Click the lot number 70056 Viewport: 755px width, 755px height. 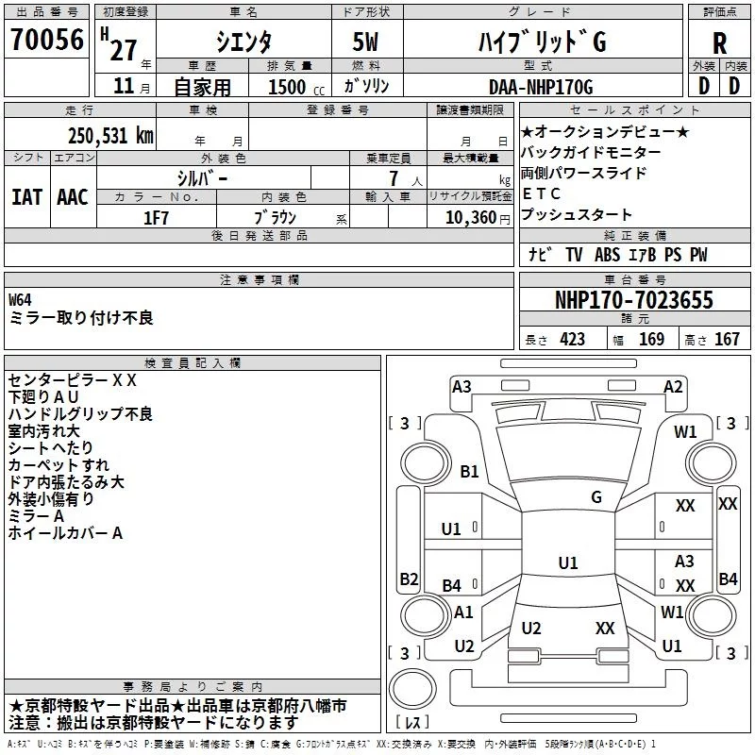pyautogui.click(x=47, y=39)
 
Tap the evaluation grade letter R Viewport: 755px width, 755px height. pyautogui.click(x=719, y=43)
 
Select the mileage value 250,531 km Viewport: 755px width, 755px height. pyautogui.click(x=110, y=136)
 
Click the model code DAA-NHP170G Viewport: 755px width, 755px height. pyautogui.click(x=541, y=87)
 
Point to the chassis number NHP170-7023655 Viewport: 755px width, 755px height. pyautogui.click(x=634, y=300)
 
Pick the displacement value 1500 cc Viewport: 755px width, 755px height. pyautogui.click(x=296, y=87)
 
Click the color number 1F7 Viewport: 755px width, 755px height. pyautogui.click(x=156, y=218)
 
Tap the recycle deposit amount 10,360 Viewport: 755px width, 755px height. pyautogui.click(x=470, y=217)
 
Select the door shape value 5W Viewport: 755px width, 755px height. pyautogui.click(x=365, y=42)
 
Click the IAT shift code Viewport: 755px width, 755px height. pyautogui.click(x=26, y=197)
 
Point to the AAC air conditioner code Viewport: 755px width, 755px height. pyautogui.click(x=73, y=197)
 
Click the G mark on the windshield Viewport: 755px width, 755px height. pyautogui.click(x=596, y=496)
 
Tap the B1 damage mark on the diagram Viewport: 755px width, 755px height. pyautogui.click(x=469, y=471)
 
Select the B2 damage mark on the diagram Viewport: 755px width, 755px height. pyautogui.click(x=409, y=579)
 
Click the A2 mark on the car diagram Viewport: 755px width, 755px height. pyautogui.click(x=673, y=387)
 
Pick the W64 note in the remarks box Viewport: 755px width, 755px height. pyautogui.click(x=20, y=299)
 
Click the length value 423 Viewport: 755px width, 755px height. pyautogui.click(x=573, y=339)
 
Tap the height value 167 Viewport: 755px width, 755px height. pyautogui.click(x=727, y=339)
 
